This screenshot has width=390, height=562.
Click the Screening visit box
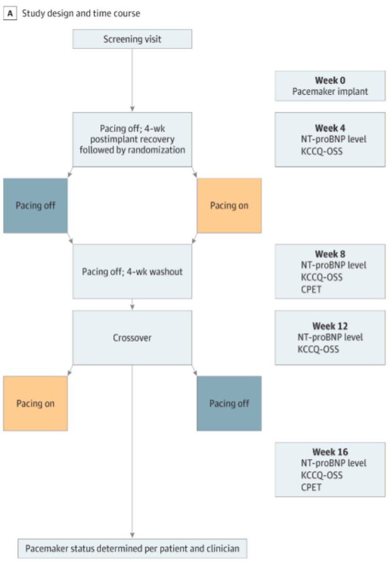tap(132, 39)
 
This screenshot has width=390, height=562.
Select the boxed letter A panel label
tap(8, 14)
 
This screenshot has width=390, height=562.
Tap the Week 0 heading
tap(330, 81)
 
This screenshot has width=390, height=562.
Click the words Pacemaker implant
tap(330, 91)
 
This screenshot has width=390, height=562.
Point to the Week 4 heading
tap(330, 128)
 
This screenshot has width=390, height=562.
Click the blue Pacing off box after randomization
tap(35, 206)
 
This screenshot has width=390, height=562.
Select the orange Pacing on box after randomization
tap(229, 206)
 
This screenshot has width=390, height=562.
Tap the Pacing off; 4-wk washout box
tap(132, 272)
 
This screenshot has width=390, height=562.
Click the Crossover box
tap(132, 338)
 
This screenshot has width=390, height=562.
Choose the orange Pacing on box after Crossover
tap(35, 403)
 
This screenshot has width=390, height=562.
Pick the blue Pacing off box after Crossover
tap(229, 403)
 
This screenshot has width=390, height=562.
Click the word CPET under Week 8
tap(310, 288)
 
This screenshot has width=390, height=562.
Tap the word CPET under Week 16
tap(310, 487)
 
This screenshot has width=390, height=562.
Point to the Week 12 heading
tap(330, 325)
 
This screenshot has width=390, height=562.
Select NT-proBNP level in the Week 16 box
tap(333, 463)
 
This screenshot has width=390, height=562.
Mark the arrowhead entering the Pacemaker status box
tap(132, 536)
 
